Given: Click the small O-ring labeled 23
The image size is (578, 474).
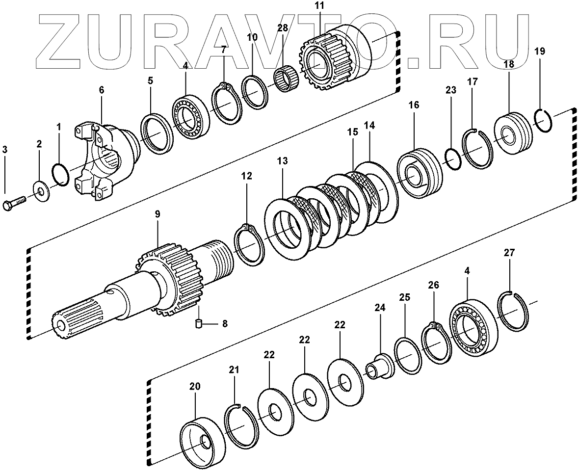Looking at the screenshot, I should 452,159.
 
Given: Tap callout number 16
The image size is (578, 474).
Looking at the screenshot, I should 413,105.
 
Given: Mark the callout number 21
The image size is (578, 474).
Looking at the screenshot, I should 234,369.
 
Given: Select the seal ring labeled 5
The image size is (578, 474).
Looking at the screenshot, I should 157,133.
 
